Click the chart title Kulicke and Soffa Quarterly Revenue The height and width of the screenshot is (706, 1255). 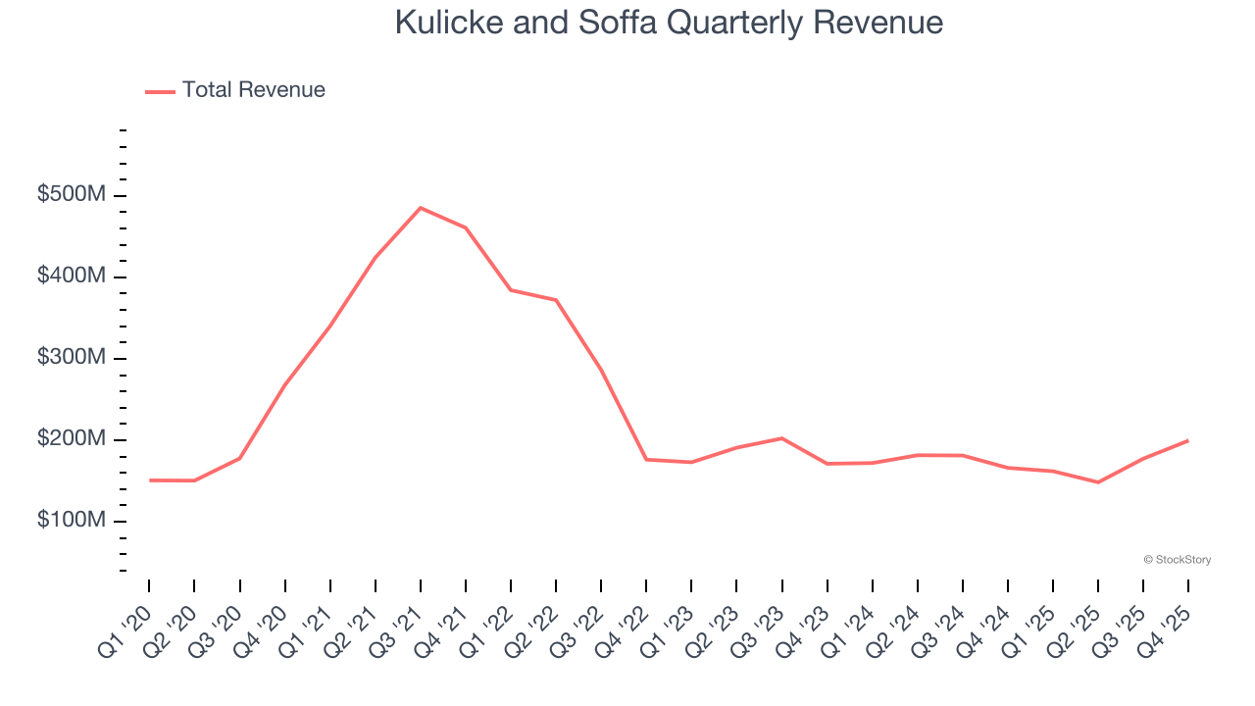click(669, 23)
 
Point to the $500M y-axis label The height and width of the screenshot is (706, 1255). click(71, 195)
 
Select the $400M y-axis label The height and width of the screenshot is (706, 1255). click(71, 277)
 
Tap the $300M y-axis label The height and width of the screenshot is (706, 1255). click(71, 358)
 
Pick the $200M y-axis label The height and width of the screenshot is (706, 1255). click(71, 439)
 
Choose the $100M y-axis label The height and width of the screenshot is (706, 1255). click(71, 520)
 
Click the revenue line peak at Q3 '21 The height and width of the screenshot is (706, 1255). click(420, 208)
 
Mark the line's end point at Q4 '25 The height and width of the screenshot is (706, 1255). click(1188, 440)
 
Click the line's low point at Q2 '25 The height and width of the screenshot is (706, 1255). click(1098, 482)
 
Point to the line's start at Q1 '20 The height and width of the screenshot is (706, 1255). click(149, 480)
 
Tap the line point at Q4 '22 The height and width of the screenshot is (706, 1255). click(646, 459)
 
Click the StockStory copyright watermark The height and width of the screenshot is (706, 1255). click(1177, 560)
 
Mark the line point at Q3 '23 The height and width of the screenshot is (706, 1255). click(781, 438)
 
